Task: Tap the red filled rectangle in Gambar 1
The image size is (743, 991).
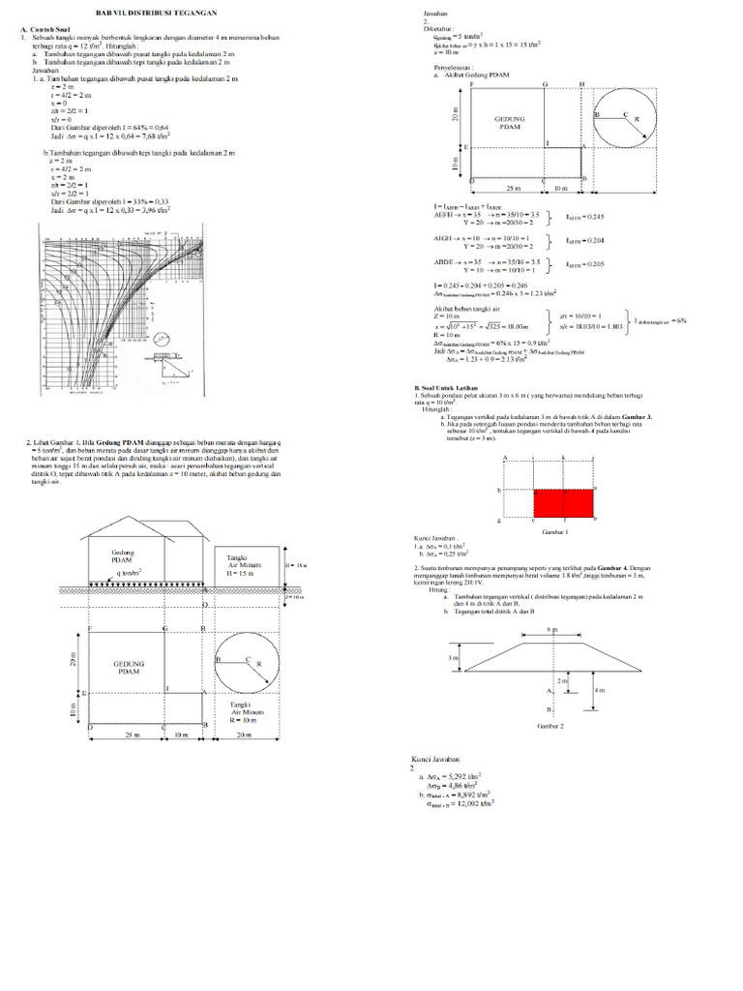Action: [563, 501]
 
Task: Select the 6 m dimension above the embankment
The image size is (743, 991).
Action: [553, 629]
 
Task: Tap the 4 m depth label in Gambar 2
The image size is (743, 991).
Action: [600, 689]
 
